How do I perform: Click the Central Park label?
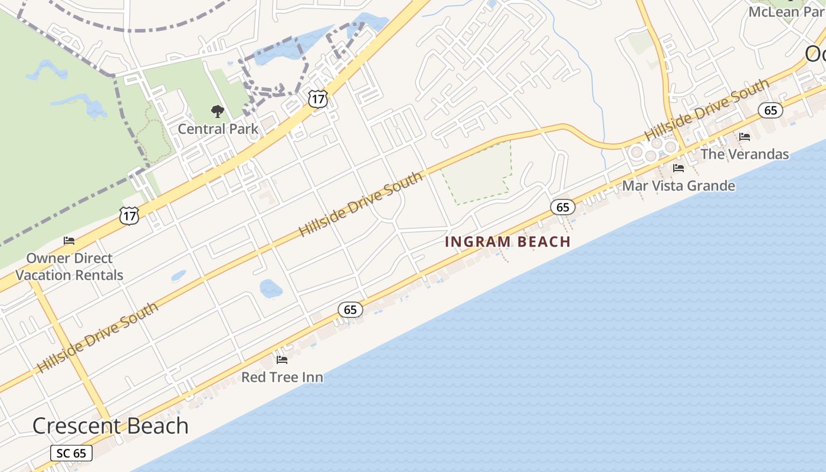point(218,129)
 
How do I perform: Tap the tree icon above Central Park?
point(218,111)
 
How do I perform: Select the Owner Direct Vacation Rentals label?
point(70,267)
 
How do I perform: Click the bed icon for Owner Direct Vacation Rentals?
point(69,241)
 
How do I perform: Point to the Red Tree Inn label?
point(282,377)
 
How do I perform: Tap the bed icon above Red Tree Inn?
point(282,359)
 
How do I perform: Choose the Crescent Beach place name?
point(110,426)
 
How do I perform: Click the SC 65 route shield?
point(71,453)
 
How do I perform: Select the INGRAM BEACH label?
point(507,241)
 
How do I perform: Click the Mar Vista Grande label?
point(678,186)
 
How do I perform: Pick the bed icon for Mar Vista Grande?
point(678,168)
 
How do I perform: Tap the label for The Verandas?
point(745,154)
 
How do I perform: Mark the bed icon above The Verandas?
point(745,137)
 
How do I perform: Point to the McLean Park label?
point(785,11)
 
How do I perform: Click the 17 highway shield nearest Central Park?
point(317,99)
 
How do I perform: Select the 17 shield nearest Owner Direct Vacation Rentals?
point(129,215)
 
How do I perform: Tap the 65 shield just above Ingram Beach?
point(563,206)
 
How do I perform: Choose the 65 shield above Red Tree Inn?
point(350,309)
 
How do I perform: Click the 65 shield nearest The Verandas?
point(771,110)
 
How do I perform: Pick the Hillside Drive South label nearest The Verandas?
point(707,109)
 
